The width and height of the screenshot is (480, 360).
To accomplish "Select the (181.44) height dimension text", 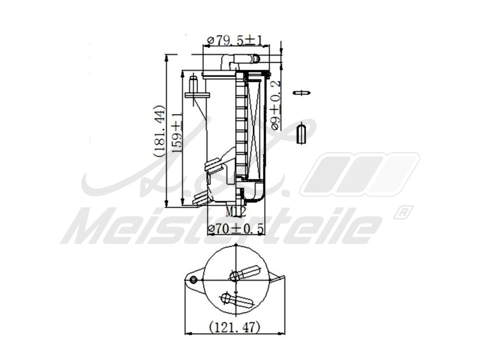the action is [159, 131].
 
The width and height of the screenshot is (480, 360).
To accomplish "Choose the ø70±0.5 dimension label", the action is [236, 229].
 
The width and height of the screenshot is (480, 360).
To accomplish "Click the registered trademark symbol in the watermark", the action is [403, 212].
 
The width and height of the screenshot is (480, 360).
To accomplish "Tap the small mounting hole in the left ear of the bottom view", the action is [193, 279].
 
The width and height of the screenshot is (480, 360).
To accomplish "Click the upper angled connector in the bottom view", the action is [245, 273].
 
